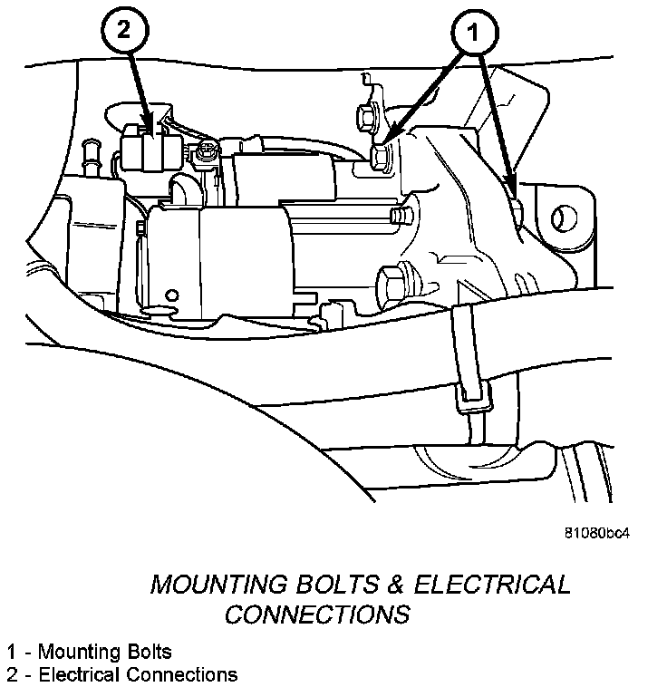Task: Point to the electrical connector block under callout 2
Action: pos(148,150)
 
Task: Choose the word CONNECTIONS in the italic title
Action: pos(317,614)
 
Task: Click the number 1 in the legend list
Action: pos(11,652)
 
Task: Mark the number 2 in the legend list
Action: pos(11,674)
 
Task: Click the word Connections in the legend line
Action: pos(185,674)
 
